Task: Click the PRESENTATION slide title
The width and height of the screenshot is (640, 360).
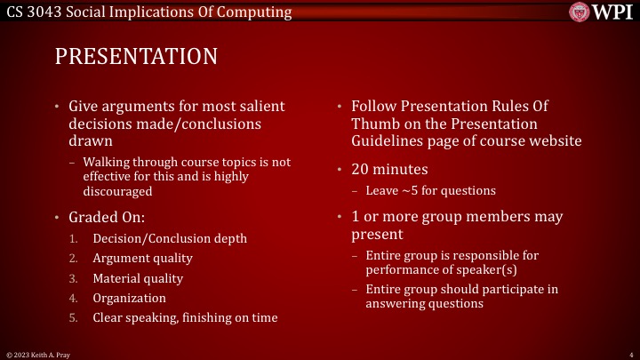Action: coord(136,56)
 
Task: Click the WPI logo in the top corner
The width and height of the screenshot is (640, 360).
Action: coord(601,12)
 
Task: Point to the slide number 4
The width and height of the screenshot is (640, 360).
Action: coord(629,354)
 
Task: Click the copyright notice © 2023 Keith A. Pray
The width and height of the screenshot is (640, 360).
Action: coord(36,354)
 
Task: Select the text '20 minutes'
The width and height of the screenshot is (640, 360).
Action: coord(390,170)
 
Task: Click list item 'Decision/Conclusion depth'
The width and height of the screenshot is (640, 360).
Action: coord(170,238)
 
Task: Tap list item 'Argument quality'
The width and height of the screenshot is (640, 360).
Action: coord(142,259)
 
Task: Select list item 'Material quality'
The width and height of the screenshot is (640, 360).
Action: coord(138,278)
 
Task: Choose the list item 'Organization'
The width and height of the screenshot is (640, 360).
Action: coord(129,299)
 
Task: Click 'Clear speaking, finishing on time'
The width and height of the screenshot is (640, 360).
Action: coord(185,318)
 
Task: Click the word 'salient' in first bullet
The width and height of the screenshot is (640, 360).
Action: coord(262,107)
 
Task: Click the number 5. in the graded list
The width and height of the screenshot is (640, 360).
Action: coord(75,318)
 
